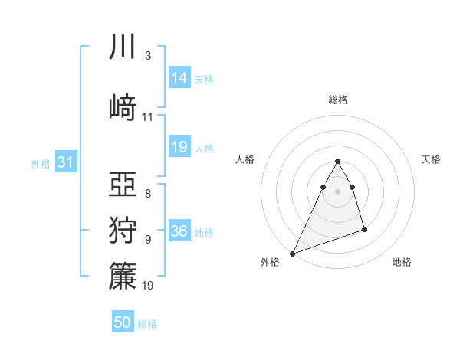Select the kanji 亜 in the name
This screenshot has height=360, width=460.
tap(123, 185)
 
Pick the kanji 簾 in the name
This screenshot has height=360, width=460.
tap(123, 277)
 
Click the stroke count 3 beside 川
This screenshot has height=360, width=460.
tap(148, 56)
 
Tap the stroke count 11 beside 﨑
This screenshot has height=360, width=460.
tap(148, 117)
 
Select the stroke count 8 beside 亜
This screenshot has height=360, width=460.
tap(148, 193)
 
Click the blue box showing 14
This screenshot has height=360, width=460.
tap(179, 77)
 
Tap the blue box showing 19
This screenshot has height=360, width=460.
tap(179, 147)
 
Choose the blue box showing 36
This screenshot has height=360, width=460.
tap(179, 231)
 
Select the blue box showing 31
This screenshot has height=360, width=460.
tap(65, 162)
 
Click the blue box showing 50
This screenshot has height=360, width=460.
tap(123, 322)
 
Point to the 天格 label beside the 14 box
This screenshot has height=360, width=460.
tap(204, 79)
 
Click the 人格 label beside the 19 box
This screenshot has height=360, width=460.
tap(204, 149)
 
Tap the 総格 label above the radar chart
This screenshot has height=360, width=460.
tap(337, 100)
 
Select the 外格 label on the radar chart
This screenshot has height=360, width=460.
tap(270, 263)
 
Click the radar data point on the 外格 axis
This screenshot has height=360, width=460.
tap(292, 253)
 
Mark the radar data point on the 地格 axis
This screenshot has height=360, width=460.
tap(364, 229)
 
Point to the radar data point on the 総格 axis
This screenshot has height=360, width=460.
tap(337, 162)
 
